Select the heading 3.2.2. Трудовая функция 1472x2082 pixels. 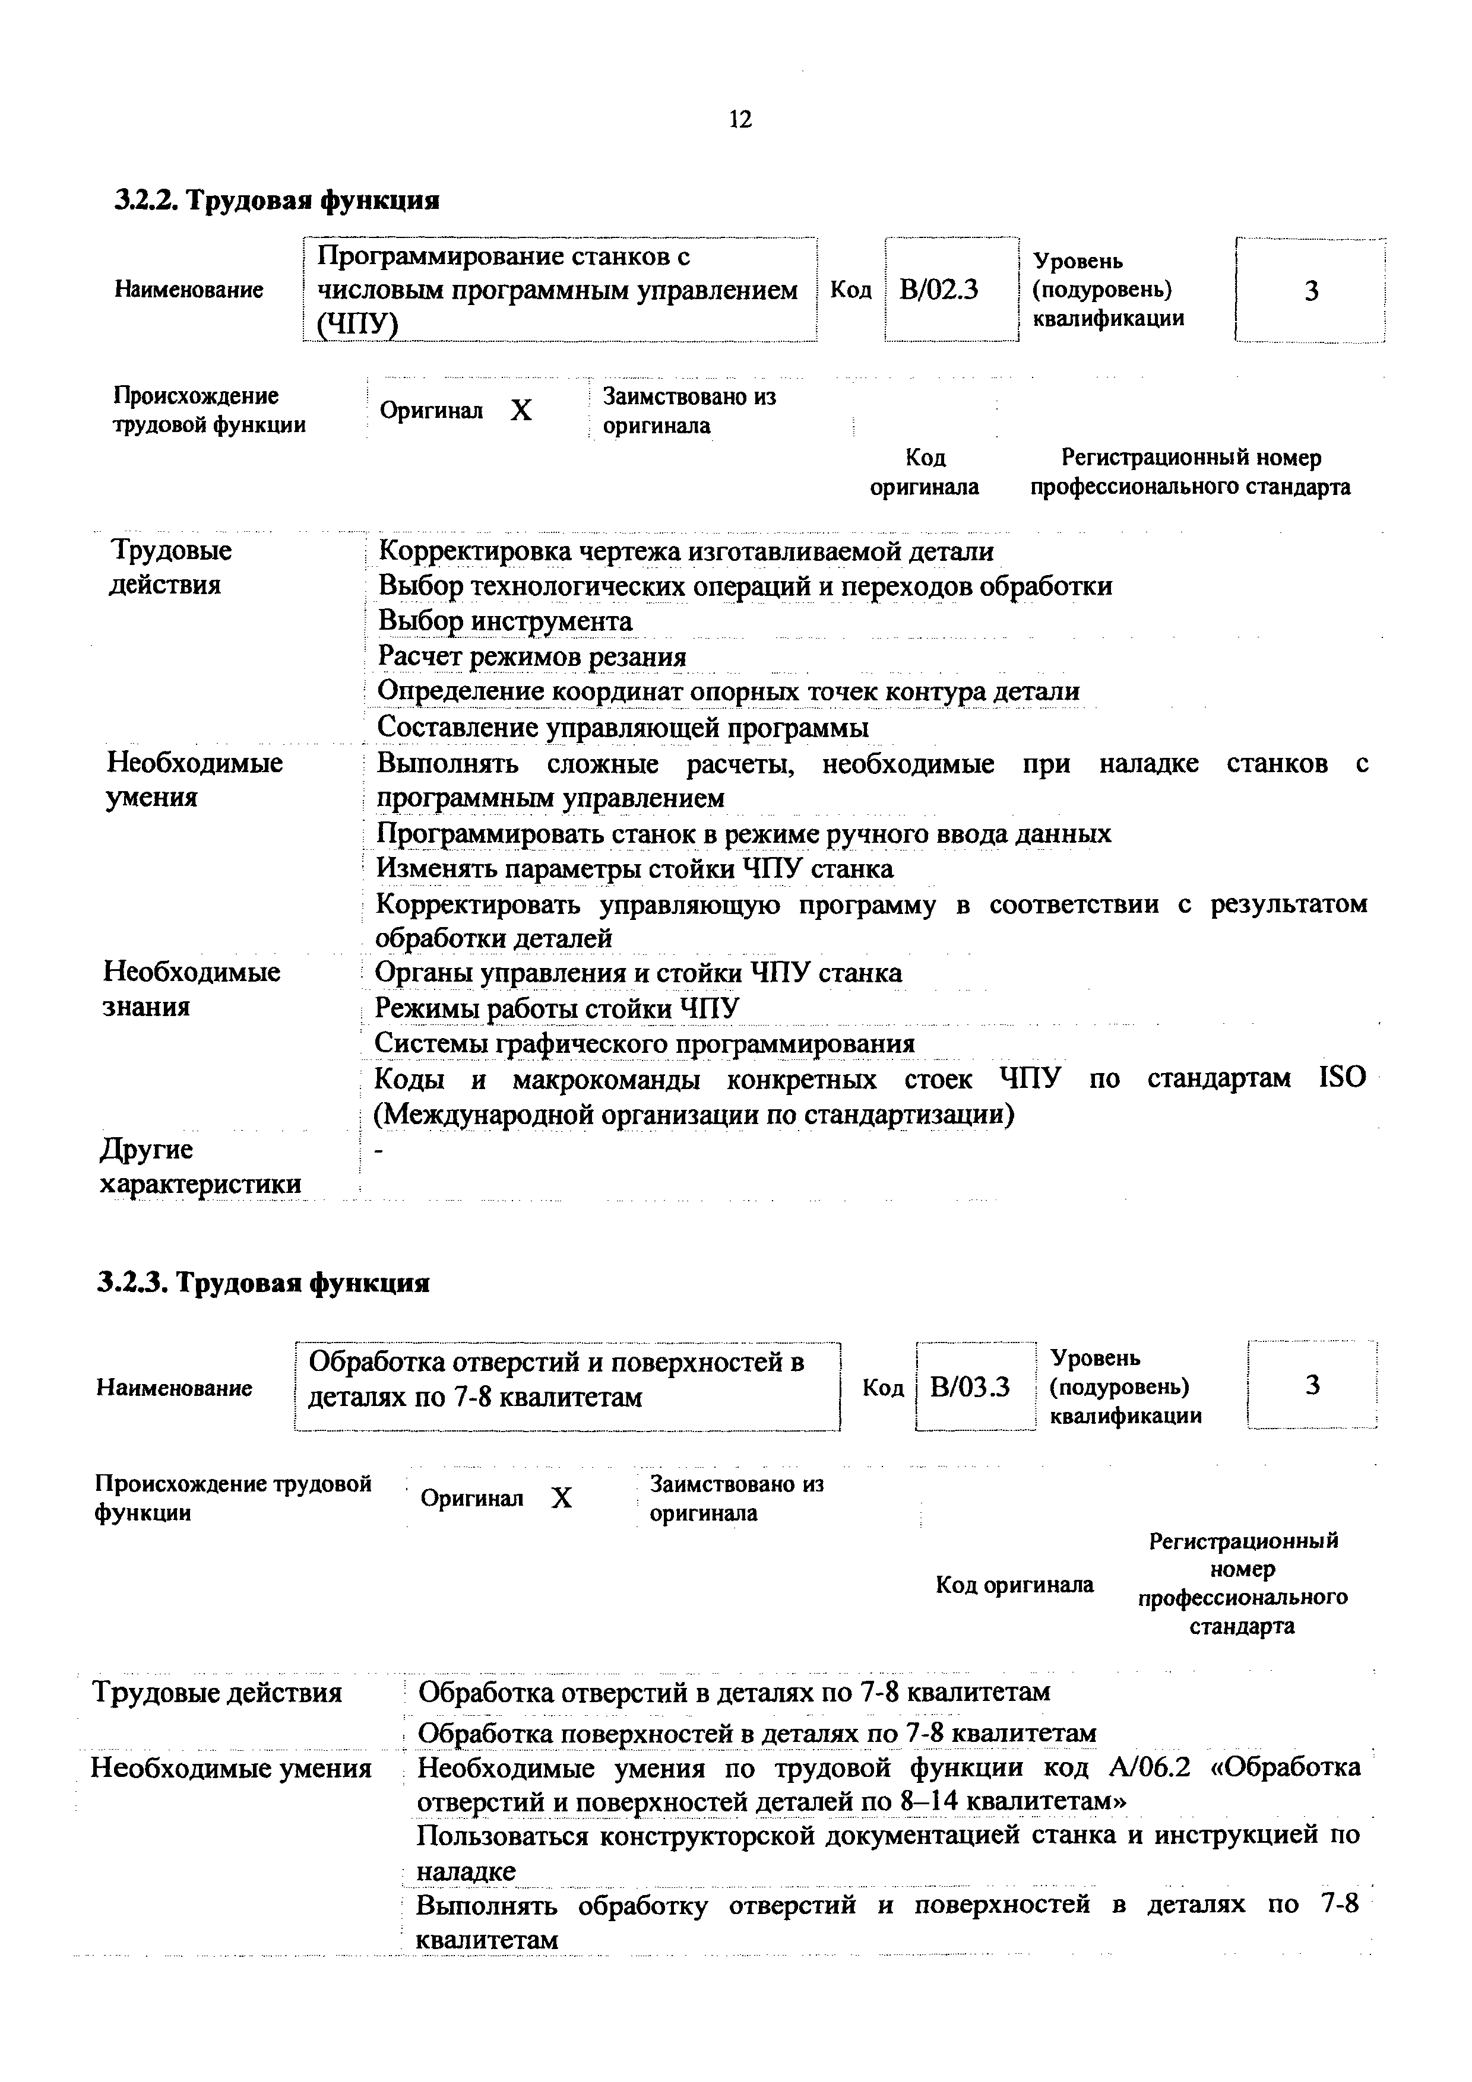click(x=277, y=199)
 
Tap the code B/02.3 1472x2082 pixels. click(x=939, y=290)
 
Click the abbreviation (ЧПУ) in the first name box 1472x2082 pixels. click(x=357, y=323)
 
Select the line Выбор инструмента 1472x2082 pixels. click(x=505, y=621)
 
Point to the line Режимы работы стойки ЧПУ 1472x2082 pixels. click(x=557, y=1008)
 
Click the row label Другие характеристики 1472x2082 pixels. click(x=200, y=1167)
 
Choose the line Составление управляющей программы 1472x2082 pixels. click(x=622, y=727)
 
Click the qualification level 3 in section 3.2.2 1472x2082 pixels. click(x=1310, y=291)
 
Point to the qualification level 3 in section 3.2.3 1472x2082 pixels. click(x=1312, y=1385)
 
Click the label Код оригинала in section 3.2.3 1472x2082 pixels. click(x=1014, y=1585)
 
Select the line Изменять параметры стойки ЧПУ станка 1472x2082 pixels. click(x=635, y=869)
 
